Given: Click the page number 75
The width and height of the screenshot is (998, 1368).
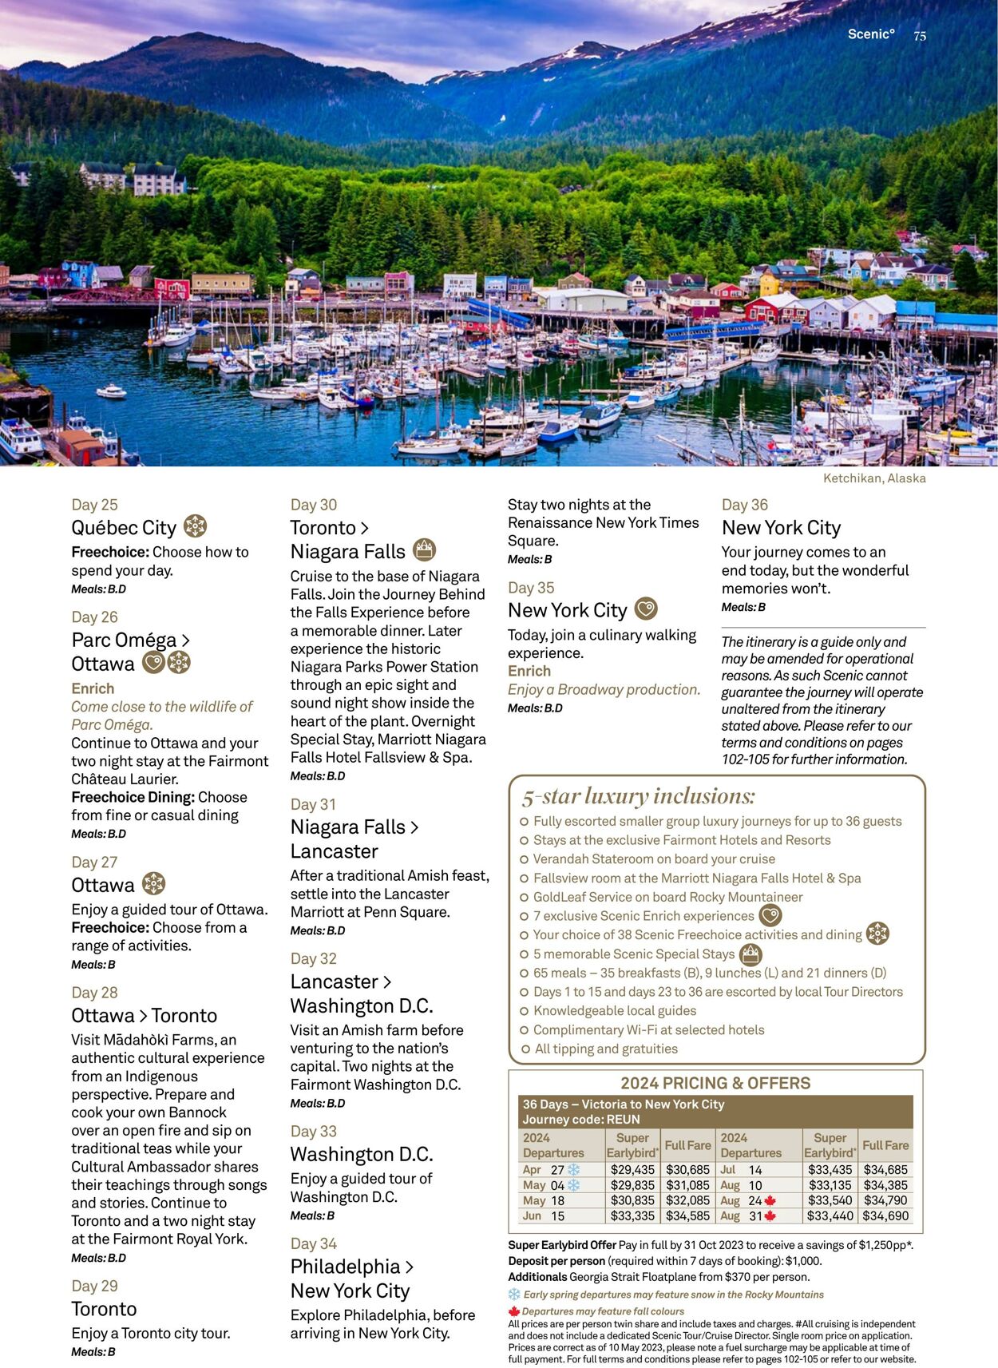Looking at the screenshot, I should pos(920,36).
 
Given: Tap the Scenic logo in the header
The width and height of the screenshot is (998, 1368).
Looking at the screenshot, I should pos(871,34).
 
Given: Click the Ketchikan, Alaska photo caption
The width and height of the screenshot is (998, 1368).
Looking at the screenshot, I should pos(874,478).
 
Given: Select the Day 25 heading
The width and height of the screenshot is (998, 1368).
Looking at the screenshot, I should pos(94,505).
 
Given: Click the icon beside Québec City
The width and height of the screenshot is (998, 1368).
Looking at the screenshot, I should pos(196,526).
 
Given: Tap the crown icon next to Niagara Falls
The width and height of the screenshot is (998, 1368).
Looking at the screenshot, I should pos(425,549).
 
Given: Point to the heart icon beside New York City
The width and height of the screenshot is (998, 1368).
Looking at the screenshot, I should pos(646,609).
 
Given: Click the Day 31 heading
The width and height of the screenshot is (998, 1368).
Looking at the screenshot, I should pos(313,804).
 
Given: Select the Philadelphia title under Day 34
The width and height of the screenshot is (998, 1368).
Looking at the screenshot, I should pos(345,1267).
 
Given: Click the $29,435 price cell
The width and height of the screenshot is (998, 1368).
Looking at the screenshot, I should pos(632,1170).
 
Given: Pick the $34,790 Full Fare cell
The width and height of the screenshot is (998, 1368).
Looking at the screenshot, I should pos(885,1200).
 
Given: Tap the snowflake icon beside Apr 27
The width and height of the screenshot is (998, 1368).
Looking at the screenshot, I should pos(573,1170).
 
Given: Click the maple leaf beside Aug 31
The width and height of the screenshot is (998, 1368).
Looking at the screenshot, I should pos(770,1216).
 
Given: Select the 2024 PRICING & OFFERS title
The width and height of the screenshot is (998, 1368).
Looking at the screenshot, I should pos(715,1084).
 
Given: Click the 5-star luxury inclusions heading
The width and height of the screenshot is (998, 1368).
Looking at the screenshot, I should pos(638,796).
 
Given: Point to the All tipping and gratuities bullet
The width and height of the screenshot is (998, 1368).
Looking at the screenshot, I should pos(606,1049).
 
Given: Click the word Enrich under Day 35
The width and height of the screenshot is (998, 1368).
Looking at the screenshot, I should pos(529,672).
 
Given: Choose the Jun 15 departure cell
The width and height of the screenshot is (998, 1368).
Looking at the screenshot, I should pos(544,1216).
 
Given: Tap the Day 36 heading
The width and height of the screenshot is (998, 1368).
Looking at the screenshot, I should pos(744,505).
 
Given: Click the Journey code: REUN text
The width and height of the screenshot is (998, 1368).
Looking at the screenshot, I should pos(581,1120).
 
